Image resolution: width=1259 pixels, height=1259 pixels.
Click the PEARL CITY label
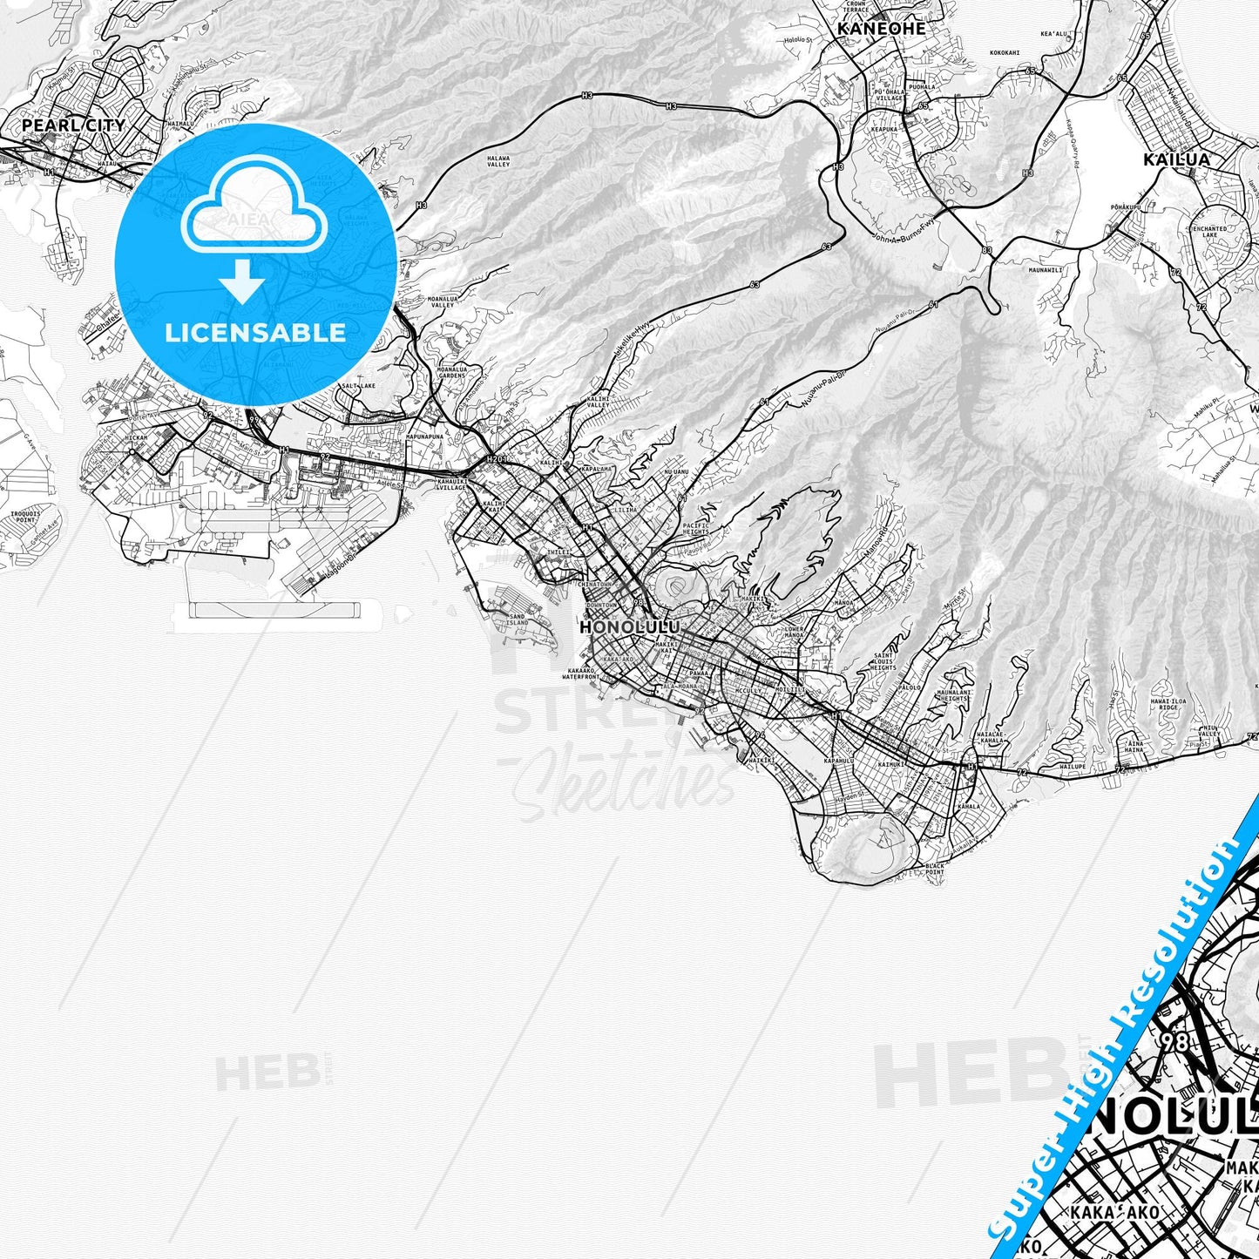click(x=73, y=125)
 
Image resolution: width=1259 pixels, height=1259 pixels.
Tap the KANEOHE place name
click(x=881, y=28)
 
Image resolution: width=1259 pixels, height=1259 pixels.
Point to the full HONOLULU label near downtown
click(x=629, y=627)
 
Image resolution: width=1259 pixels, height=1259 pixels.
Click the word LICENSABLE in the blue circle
click(x=255, y=332)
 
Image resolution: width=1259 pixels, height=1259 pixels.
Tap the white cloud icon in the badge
click(x=253, y=214)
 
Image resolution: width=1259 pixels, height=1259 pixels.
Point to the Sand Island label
click(x=517, y=619)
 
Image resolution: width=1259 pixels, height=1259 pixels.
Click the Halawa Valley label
click(x=498, y=161)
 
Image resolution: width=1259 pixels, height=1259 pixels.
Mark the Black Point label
click(x=934, y=869)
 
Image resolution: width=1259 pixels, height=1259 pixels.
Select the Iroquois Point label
click(x=24, y=517)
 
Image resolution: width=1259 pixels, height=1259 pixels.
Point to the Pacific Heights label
click(x=697, y=530)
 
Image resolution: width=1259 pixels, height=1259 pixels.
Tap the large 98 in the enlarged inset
click(x=1174, y=1041)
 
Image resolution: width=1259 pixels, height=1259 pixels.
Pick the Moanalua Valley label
click(x=443, y=302)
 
